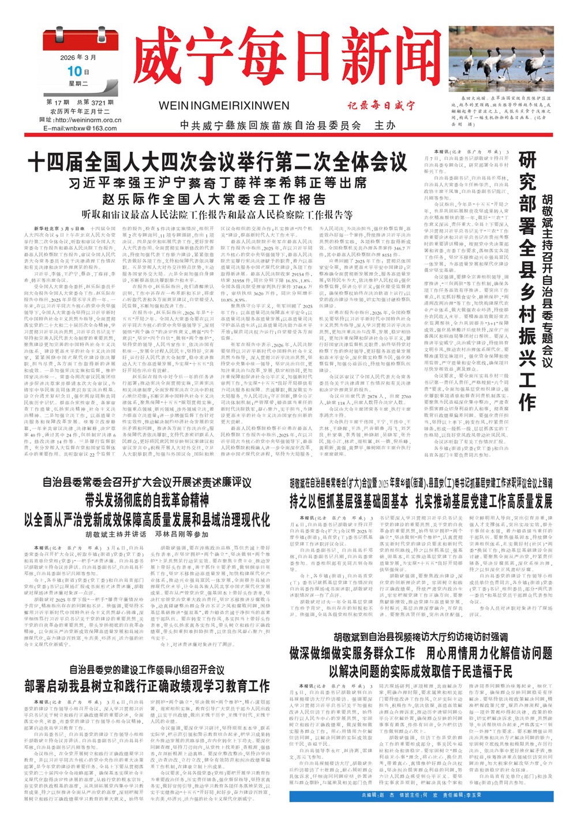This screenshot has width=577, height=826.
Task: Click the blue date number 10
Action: point(74,72)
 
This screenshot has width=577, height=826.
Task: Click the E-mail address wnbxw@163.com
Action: point(80,128)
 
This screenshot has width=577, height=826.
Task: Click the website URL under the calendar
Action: point(80,120)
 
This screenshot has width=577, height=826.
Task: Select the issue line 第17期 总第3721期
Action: point(80,102)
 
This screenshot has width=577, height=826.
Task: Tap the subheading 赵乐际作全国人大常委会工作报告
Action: point(214,200)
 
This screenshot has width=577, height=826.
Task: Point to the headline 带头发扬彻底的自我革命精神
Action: point(147,500)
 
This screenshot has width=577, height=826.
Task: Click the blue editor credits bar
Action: point(421,796)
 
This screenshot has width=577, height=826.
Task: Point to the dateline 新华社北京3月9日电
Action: point(57,228)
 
